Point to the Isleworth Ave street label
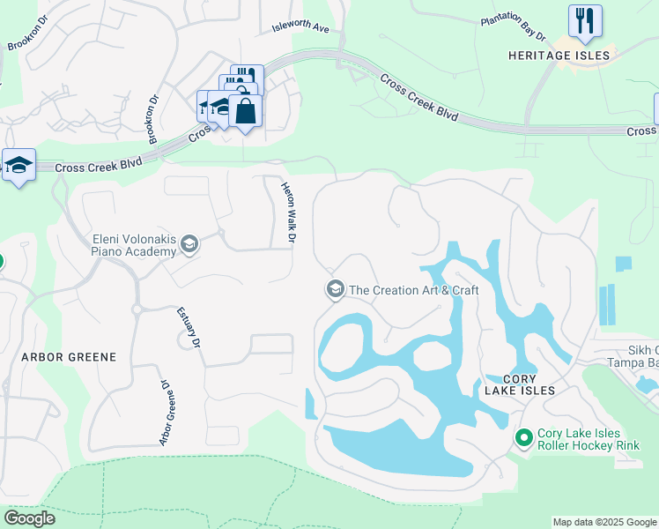(300, 27)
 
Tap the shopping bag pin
(245, 111)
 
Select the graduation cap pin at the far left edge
(18, 165)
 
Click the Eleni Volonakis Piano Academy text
(134, 244)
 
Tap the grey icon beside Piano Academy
(189, 244)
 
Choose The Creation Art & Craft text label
(413, 289)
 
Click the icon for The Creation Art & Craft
(335, 289)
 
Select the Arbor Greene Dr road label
(163, 412)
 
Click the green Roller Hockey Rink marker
(524, 437)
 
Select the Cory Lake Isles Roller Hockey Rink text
(580, 438)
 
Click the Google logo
(29, 518)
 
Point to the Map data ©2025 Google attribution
(604, 522)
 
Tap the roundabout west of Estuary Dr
(137, 309)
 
